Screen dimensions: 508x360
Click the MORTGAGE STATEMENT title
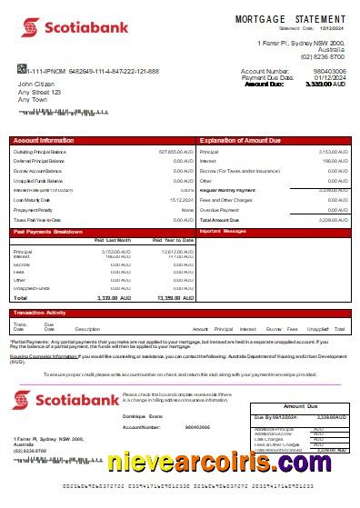[x=291, y=19]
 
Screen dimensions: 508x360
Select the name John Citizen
[x=38, y=84]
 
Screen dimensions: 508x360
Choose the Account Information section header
[x=44, y=141]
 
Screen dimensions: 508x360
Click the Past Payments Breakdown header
[x=50, y=232]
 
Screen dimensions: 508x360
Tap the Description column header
[x=87, y=328]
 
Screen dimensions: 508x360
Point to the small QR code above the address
[x=21, y=69]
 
